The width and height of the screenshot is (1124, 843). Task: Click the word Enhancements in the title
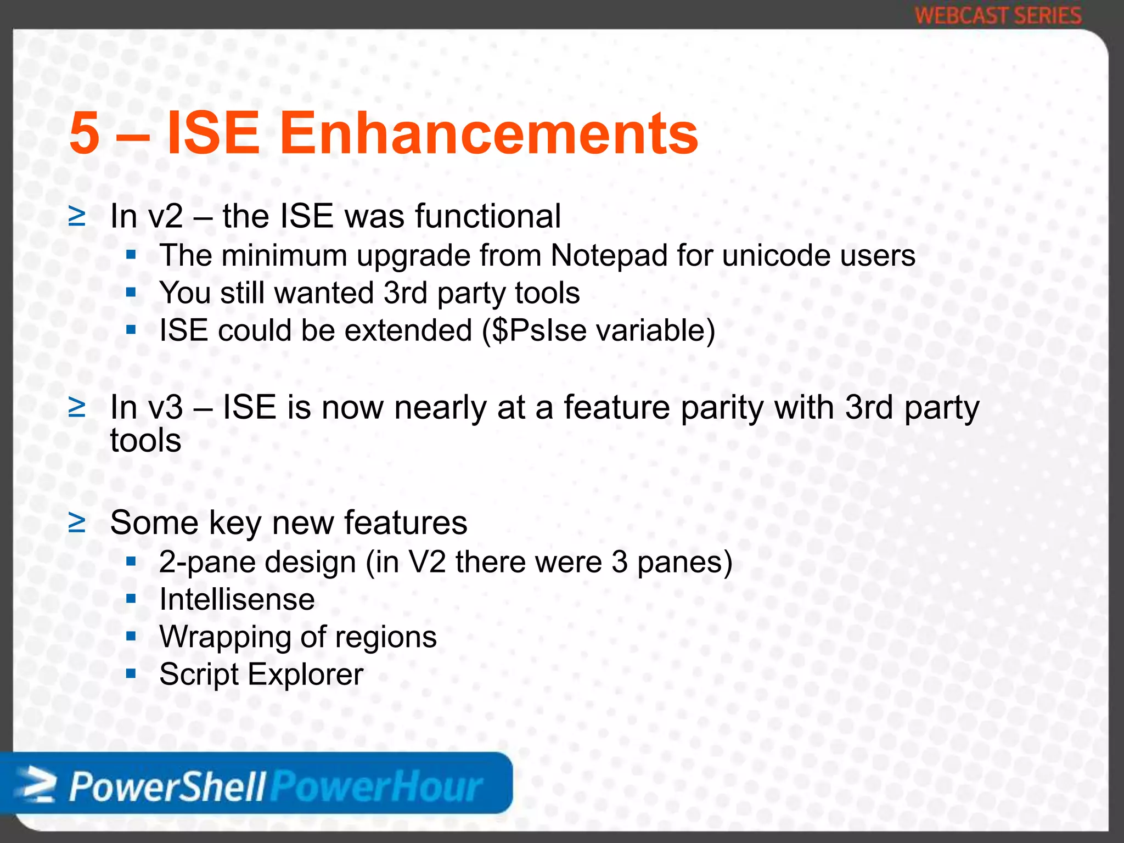pos(488,133)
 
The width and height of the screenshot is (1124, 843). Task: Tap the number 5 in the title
pos(85,133)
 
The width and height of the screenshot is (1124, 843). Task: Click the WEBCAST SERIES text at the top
pos(998,15)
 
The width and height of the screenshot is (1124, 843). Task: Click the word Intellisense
pos(237,599)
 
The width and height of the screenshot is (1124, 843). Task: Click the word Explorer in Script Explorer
pos(306,675)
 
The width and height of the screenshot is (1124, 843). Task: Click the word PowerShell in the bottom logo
pos(167,787)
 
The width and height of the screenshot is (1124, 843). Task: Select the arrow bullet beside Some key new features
pos(77,523)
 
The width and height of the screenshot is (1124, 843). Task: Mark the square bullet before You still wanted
pos(131,292)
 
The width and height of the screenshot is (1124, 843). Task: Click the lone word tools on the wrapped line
pos(145,441)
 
